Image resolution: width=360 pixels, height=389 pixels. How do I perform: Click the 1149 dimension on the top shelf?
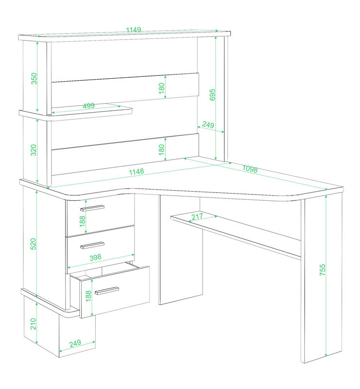tap(134, 30)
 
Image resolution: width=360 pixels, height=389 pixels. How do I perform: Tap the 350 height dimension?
tap(34, 78)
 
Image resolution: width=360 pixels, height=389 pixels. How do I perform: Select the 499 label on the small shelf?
tap(88, 106)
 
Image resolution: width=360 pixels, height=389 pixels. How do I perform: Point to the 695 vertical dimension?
tap(212, 94)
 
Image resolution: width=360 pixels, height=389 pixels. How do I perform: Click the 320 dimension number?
tap(34, 150)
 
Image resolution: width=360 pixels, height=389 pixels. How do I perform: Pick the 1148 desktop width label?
tap(137, 172)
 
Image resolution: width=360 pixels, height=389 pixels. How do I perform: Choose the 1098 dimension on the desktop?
tap(250, 169)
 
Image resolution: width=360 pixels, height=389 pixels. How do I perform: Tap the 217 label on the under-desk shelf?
tap(197, 216)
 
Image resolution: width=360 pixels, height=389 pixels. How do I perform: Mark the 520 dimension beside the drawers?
tap(33, 244)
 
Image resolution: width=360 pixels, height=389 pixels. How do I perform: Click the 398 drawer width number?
tap(95, 257)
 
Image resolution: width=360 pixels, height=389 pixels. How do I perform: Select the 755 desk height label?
tap(322, 270)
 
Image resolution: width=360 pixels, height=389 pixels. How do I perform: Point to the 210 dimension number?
tap(33, 324)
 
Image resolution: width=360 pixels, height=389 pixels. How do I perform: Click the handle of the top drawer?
tap(92, 208)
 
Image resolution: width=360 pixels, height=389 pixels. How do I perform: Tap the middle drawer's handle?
tap(92, 245)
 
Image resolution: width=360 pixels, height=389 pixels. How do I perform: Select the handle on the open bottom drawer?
tap(107, 291)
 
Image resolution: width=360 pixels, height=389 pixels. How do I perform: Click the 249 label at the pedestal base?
tap(75, 343)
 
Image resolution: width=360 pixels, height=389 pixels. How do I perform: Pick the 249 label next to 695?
tap(208, 124)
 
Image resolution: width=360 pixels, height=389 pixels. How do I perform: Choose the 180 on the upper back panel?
tap(161, 88)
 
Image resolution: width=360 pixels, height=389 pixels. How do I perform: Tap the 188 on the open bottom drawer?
tap(88, 296)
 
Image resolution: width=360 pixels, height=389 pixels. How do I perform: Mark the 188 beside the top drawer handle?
tap(83, 221)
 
